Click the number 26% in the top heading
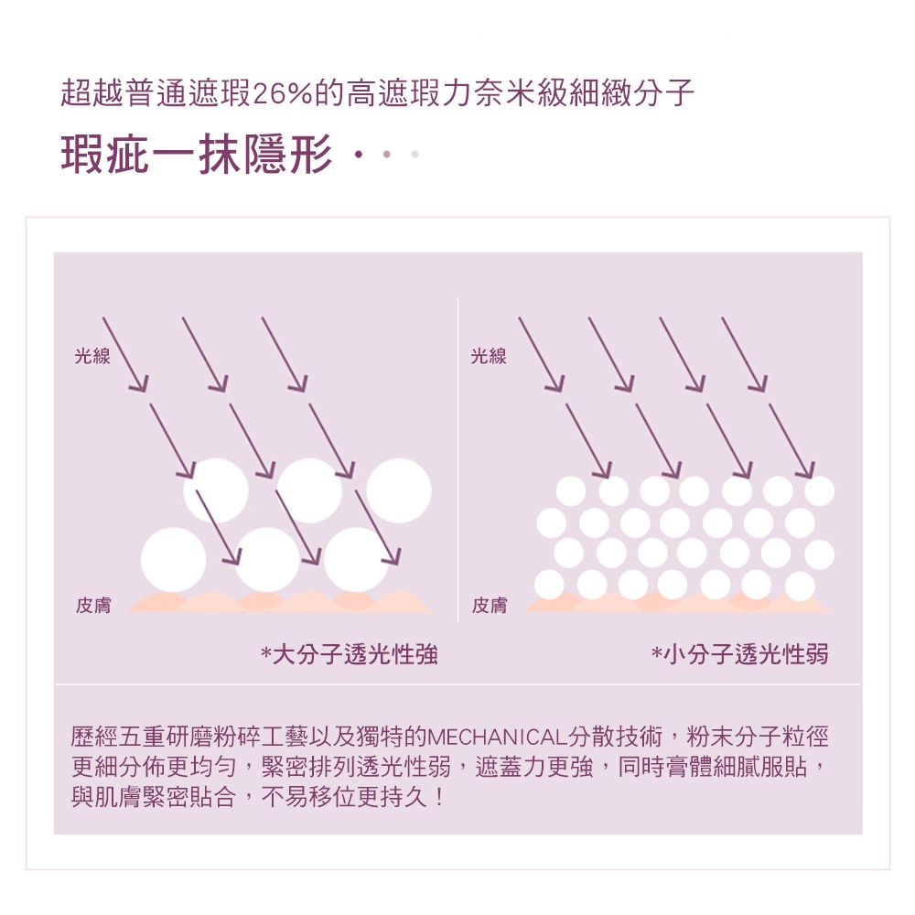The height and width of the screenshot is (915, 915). [x=283, y=93]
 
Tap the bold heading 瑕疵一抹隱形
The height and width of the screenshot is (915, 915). [x=198, y=154]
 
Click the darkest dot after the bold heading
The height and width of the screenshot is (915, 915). [x=359, y=155]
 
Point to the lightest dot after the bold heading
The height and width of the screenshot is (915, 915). [x=414, y=155]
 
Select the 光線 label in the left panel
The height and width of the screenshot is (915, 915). [x=92, y=356]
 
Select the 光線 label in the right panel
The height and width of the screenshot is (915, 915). [x=489, y=356]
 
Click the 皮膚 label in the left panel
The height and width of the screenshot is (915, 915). [x=93, y=605]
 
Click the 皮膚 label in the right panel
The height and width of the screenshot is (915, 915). [x=490, y=605]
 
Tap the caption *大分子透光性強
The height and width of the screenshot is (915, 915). [x=349, y=654]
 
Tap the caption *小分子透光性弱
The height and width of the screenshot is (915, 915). [x=740, y=654]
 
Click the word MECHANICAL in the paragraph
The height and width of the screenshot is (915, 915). [x=497, y=737]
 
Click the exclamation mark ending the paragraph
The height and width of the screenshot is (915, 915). [x=439, y=797]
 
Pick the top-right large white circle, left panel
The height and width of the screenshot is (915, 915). [x=399, y=490]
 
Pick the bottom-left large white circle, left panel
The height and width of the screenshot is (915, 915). [x=173, y=560]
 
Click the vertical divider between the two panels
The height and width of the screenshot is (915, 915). [x=458, y=460]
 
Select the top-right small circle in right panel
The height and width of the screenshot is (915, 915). [x=819, y=490]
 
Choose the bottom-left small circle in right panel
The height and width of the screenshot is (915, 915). [x=549, y=585]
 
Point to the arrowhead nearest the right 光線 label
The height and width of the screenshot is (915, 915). [x=556, y=383]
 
